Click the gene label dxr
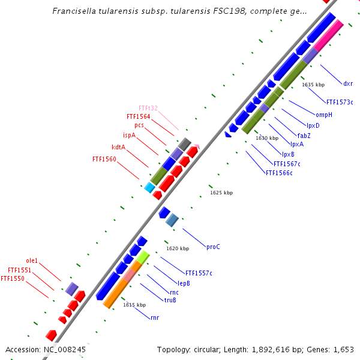(348, 83)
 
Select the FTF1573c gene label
(340, 102)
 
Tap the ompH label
(323, 114)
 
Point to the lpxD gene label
(313, 125)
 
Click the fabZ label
(304, 135)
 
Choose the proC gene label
(213, 247)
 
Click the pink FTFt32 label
(148, 108)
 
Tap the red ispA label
(129, 136)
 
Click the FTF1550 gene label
(13, 278)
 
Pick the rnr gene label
(155, 317)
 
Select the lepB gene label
(184, 283)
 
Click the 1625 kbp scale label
(221, 193)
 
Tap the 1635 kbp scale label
(313, 85)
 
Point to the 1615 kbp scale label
(134, 305)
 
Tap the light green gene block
(142, 257)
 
